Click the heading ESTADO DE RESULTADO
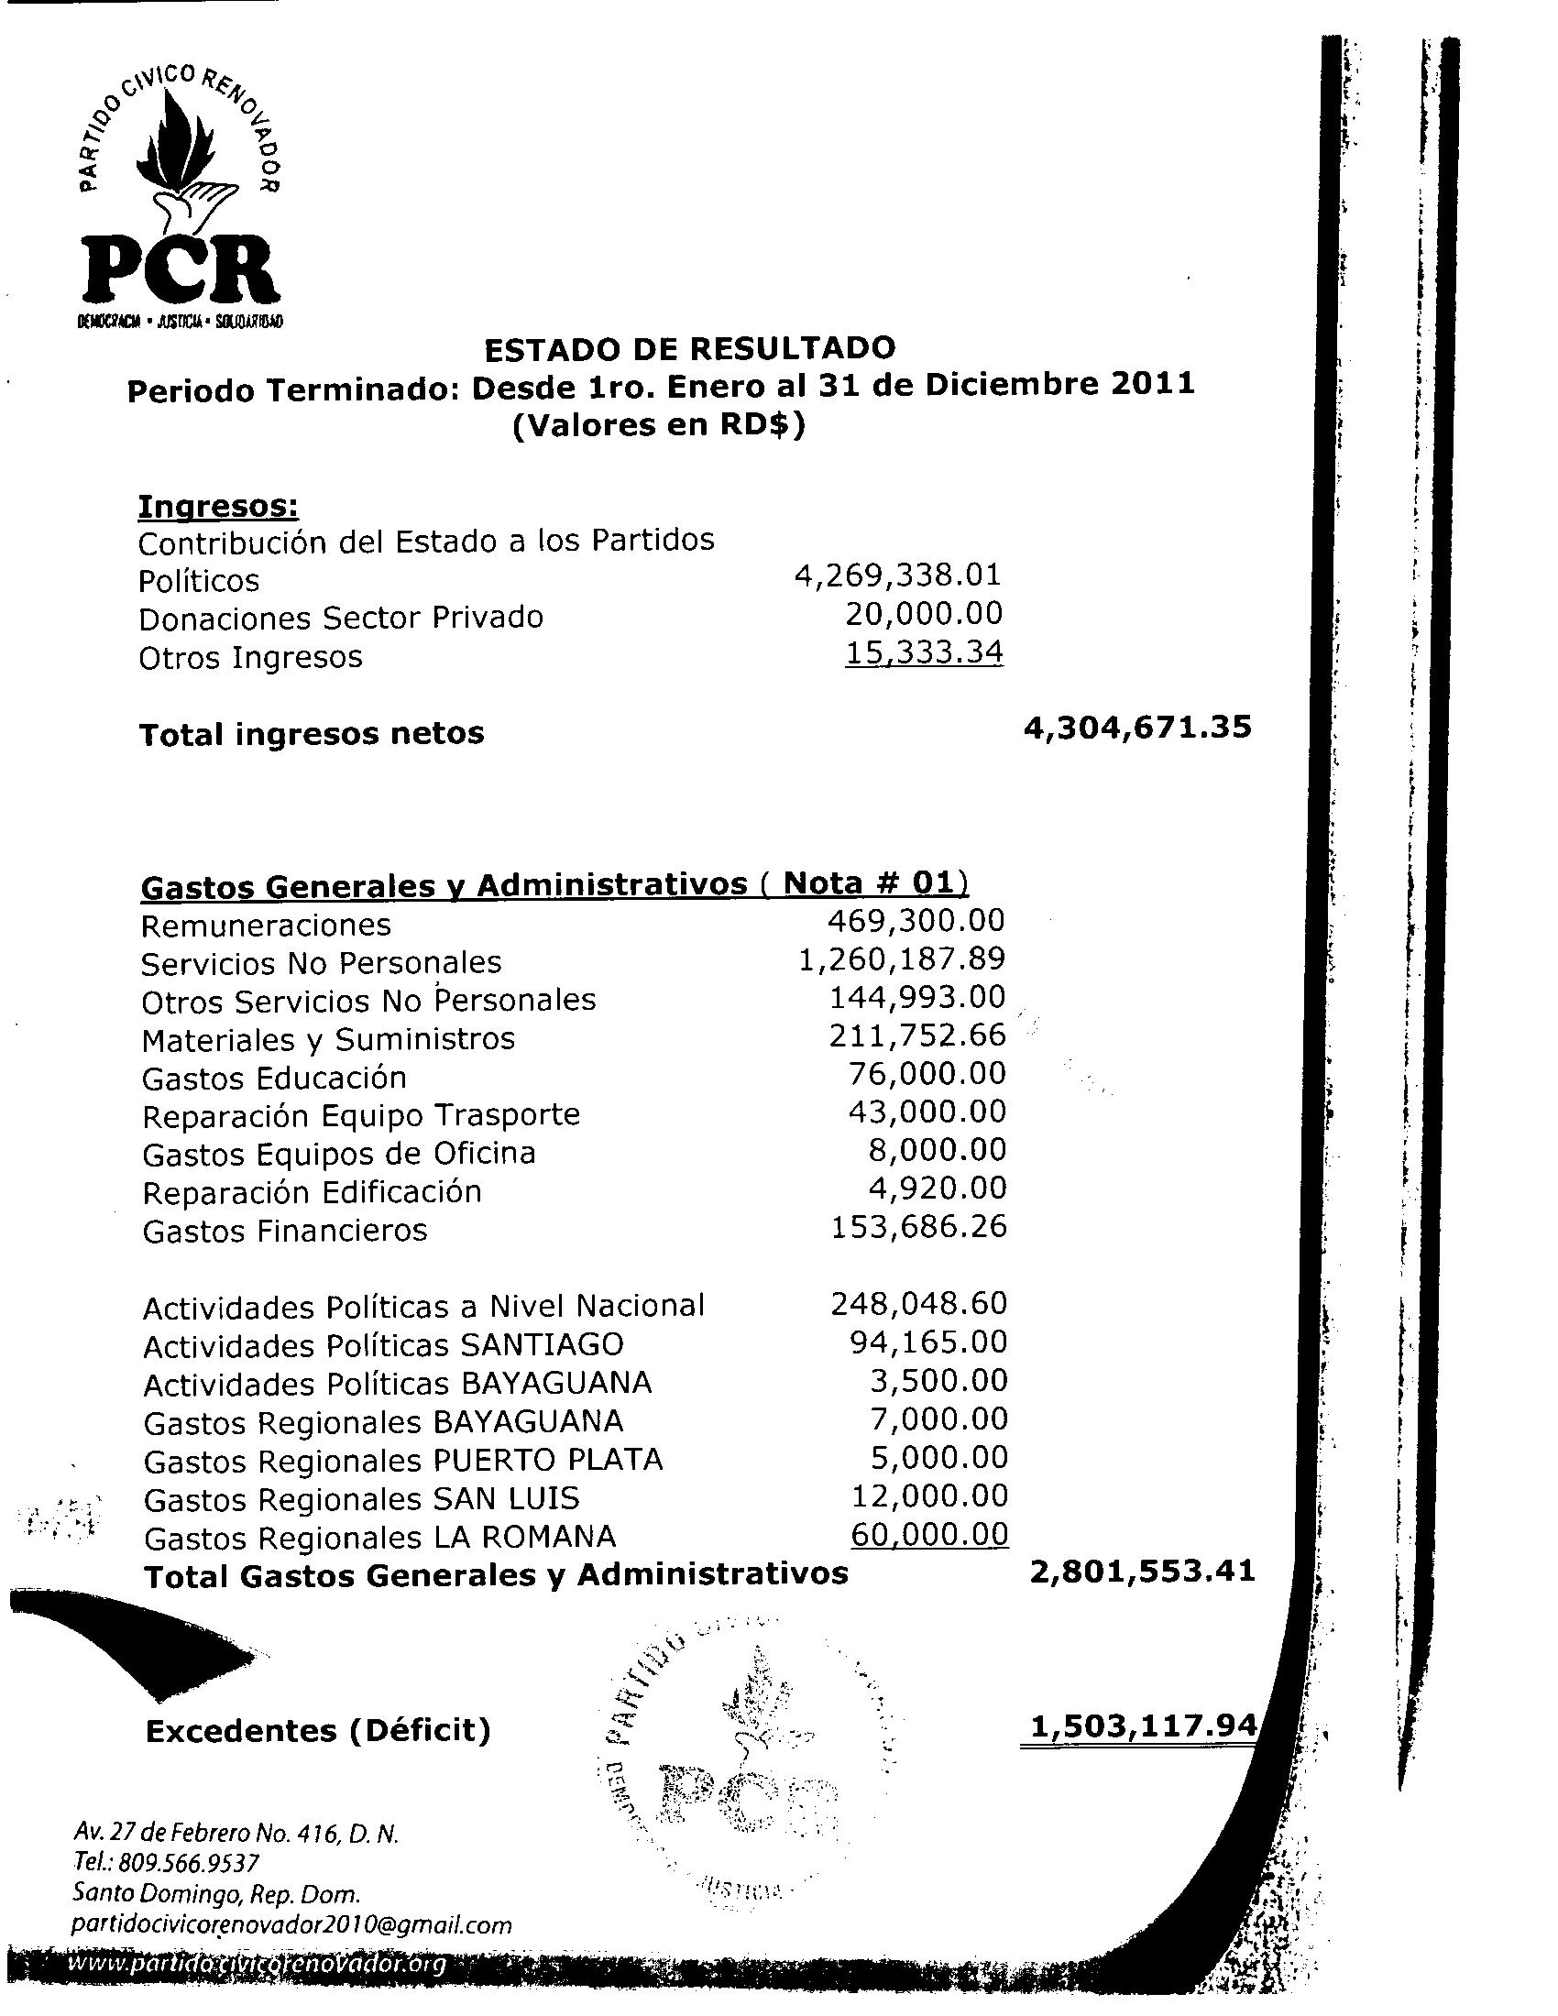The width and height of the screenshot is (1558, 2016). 689,348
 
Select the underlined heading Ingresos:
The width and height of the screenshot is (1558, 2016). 218,506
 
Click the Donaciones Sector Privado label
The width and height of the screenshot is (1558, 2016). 341,618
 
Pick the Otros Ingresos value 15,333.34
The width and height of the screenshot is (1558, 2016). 924,652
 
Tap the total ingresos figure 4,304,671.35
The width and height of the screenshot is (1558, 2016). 1137,728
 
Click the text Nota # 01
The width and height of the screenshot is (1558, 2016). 871,883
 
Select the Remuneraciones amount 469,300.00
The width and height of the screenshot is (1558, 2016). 916,920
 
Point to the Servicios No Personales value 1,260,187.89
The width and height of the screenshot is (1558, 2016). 901,959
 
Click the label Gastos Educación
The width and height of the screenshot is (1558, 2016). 274,1079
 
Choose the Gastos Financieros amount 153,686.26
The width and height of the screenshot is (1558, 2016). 918,1227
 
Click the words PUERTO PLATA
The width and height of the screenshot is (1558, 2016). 547,1461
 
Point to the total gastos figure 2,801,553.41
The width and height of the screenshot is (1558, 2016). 1142,1571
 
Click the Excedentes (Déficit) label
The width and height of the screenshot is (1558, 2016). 317,1731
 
